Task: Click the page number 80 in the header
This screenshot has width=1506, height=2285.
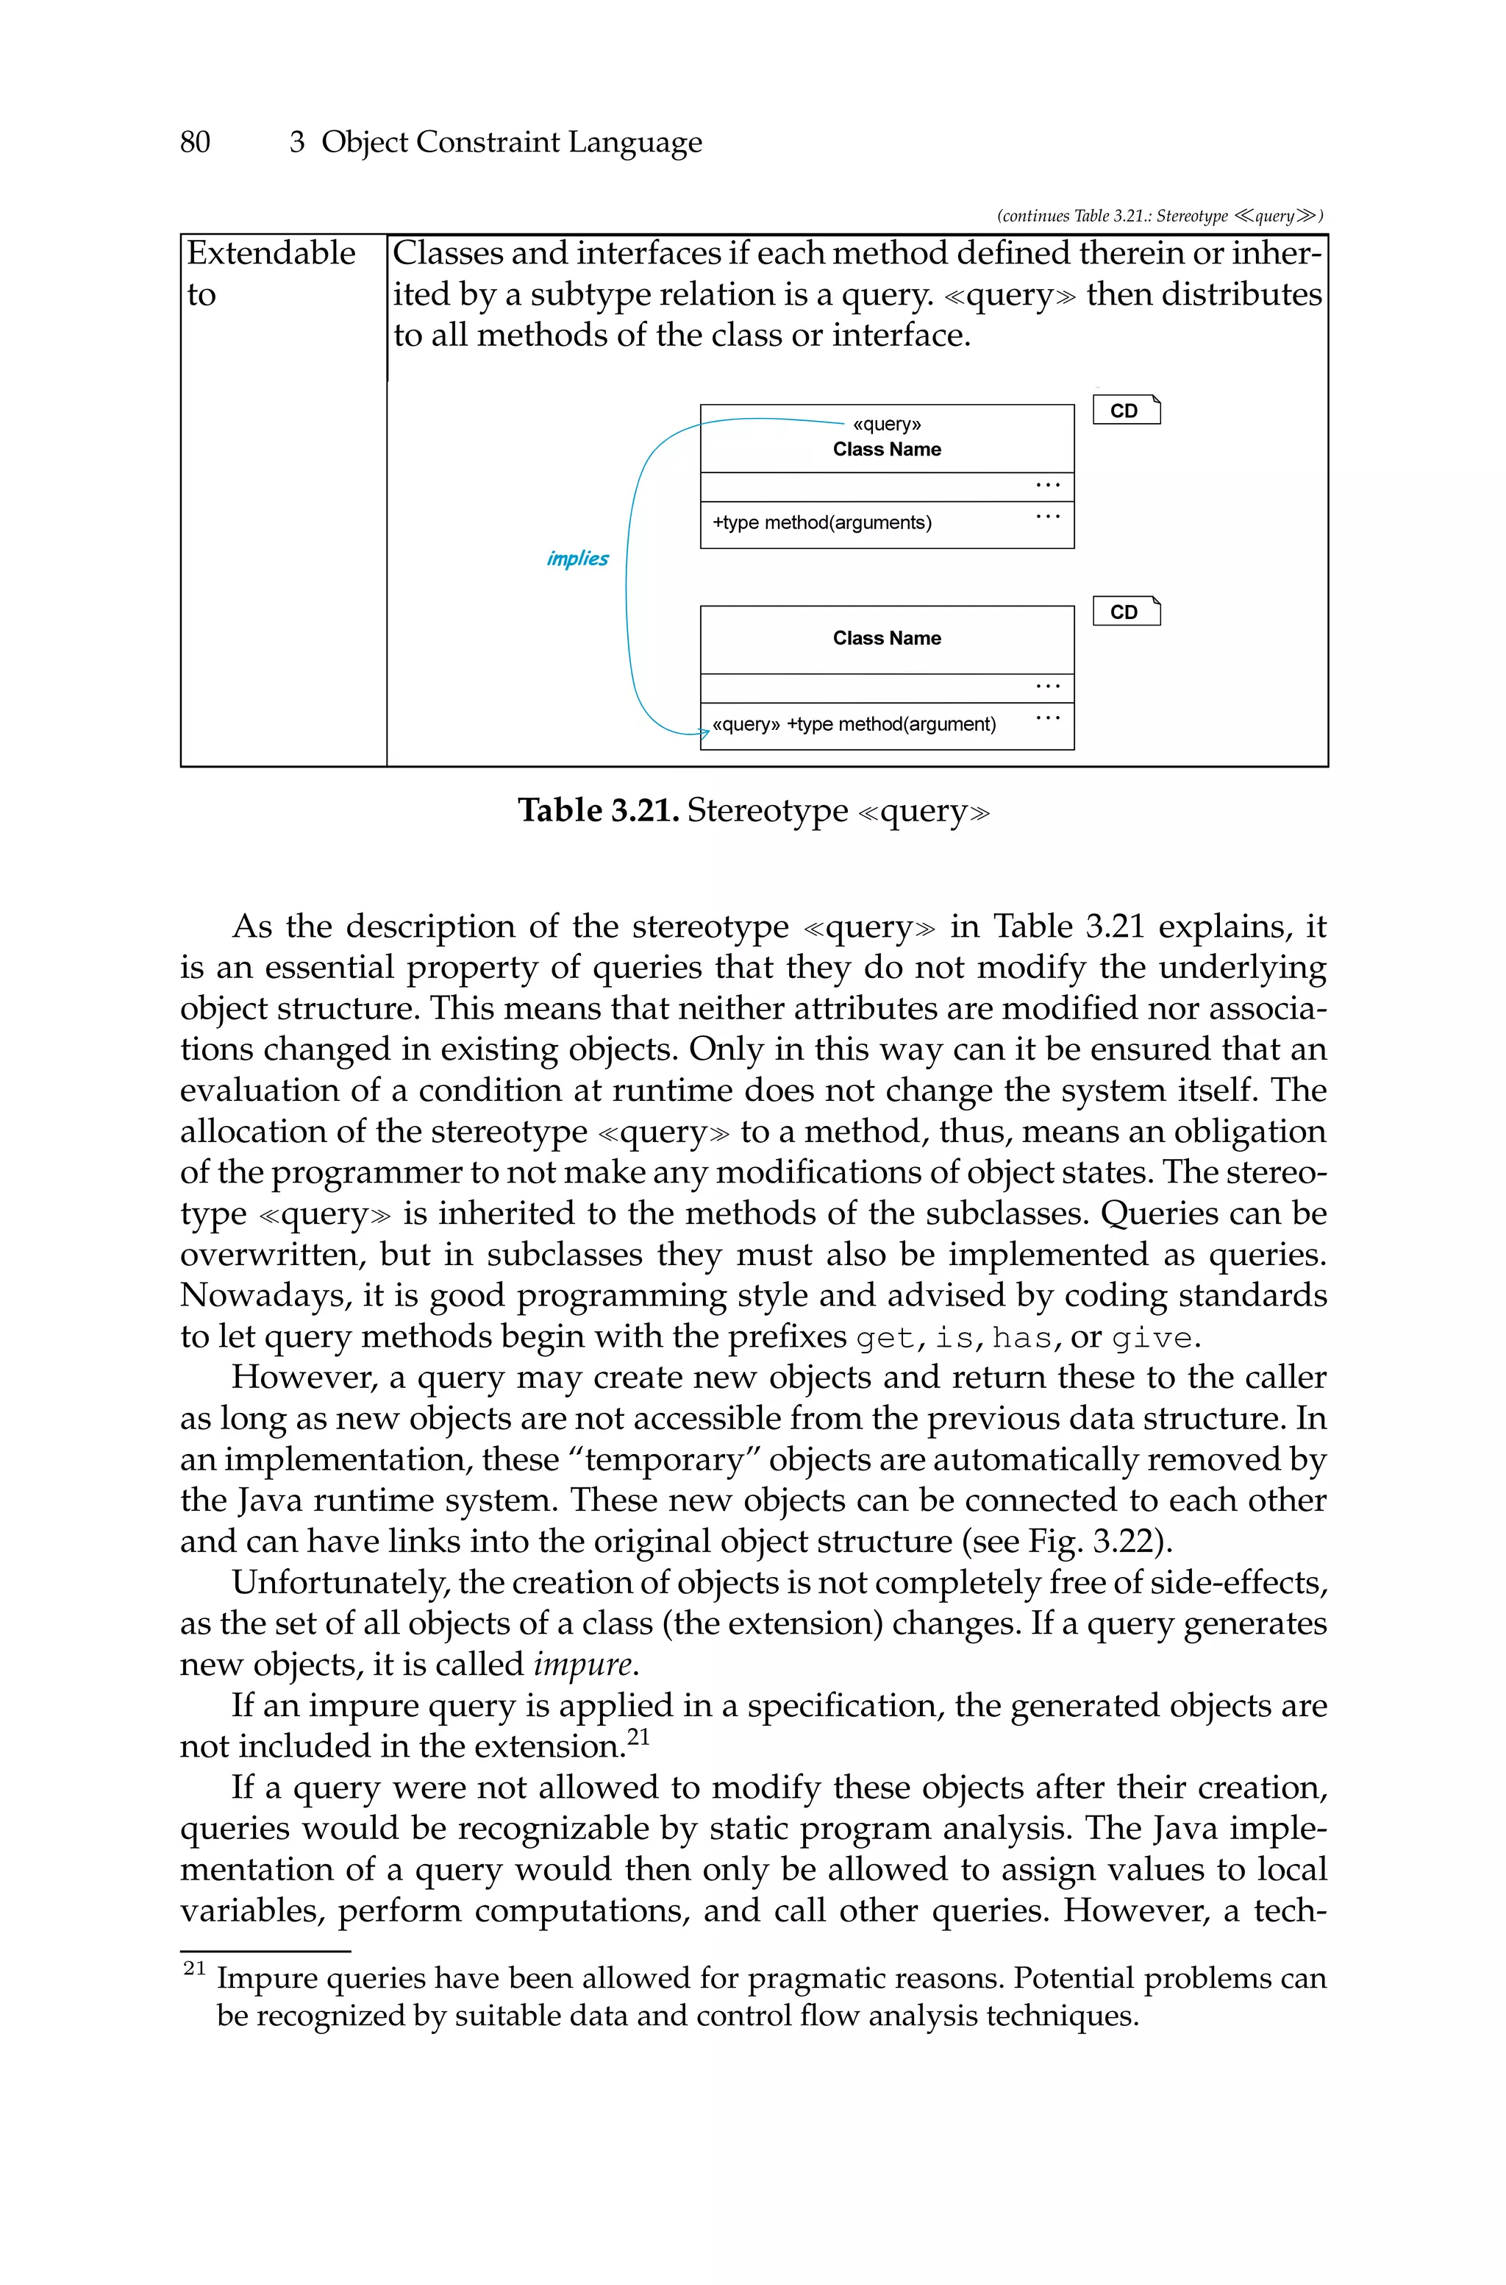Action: pyautogui.click(x=195, y=142)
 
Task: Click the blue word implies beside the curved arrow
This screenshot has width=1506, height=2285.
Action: pyautogui.click(x=577, y=559)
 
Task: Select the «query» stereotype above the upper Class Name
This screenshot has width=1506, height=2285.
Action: pyautogui.click(x=887, y=424)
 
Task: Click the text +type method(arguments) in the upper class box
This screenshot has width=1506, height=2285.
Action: pyautogui.click(x=822, y=522)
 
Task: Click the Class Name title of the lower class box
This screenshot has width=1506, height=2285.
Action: pyautogui.click(x=887, y=638)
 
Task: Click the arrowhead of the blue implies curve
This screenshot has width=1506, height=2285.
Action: pyautogui.click(x=704, y=733)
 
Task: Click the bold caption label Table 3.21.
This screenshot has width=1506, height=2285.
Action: pyautogui.click(x=599, y=810)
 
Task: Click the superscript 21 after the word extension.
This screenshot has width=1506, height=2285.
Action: pyautogui.click(x=639, y=1736)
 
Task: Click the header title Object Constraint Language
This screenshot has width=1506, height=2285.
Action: pyautogui.click(x=511, y=142)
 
